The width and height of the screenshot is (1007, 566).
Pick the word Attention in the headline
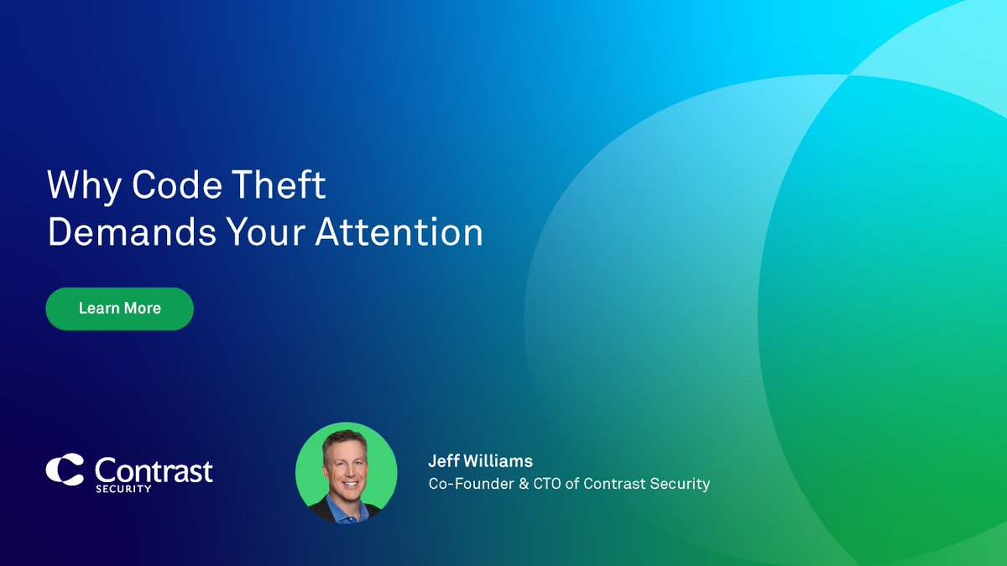click(399, 232)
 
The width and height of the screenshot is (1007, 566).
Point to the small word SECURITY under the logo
click(123, 489)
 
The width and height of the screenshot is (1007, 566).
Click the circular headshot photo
click(346, 472)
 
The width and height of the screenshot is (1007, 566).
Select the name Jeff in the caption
click(444, 462)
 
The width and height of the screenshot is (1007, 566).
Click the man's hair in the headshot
click(346, 440)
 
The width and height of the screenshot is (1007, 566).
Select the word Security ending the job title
click(679, 484)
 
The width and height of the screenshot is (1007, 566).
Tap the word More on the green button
click(142, 309)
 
